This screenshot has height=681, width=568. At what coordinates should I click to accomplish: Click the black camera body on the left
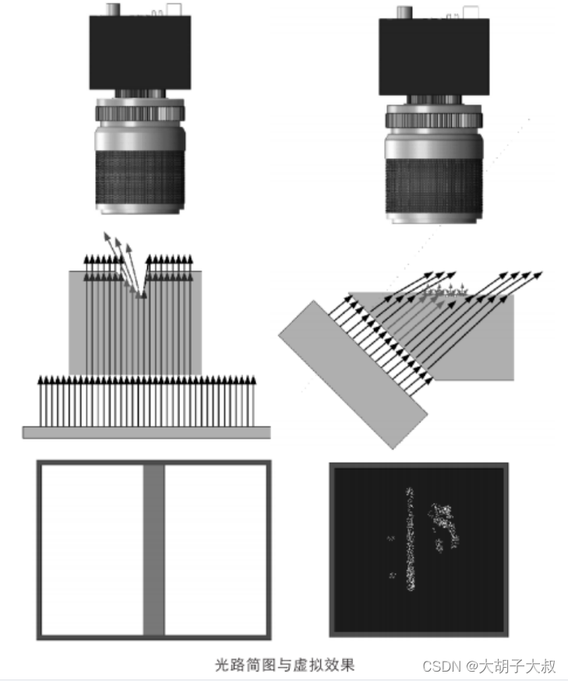coord(139,52)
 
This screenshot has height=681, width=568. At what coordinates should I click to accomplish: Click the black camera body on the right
coord(434,57)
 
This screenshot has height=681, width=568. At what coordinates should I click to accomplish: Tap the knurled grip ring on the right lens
coord(434,186)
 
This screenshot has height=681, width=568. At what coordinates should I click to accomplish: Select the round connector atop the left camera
coord(113,9)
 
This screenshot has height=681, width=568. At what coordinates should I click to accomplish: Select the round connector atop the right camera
coord(404,12)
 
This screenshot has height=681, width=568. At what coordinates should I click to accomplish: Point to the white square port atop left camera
coord(174,9)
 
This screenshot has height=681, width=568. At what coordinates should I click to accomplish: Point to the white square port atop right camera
coord(471,12)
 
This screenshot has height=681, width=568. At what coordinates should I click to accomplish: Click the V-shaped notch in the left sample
coord(139,283)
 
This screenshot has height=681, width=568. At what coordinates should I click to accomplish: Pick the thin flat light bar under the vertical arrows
coord(146,432)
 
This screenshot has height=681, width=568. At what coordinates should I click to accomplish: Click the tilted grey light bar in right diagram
coord(353,374)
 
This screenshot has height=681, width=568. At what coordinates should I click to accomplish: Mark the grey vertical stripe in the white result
coord(153,550)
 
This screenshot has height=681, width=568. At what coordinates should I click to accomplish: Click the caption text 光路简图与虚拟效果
coord(285,665)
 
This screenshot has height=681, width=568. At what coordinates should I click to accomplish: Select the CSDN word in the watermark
coord(442,665)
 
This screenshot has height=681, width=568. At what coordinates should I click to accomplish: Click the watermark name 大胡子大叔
coord(517,665)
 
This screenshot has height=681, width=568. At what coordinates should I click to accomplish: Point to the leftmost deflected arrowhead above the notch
coord(107,236)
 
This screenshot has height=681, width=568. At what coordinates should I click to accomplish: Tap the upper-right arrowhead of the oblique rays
coord(539,274)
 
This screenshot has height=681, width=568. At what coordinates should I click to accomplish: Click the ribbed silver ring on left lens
coord(139,113)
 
